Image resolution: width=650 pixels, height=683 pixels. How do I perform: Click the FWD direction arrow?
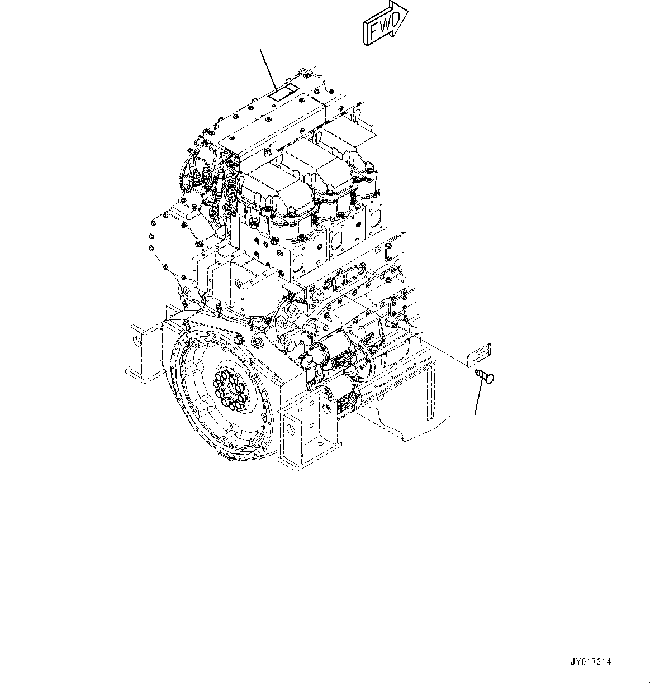click(386, 23)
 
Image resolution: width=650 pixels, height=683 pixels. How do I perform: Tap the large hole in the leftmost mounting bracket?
click(135, 352)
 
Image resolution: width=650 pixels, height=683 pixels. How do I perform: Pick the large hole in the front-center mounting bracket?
click(290, 430)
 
